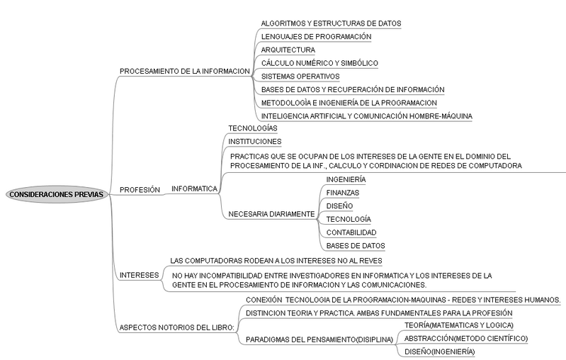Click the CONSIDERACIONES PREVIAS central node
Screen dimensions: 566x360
pyautogui.click(x=56, y=194)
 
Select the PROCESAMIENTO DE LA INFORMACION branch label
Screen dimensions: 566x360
pyautogui.click(x=185, y=71)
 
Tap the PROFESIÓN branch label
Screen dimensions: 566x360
pyautogui.click(x=140, y=190)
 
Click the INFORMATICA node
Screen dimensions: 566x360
pyautogui.click(x=194, y=189)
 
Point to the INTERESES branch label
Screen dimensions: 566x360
pyautogui.click(x=140, y=275)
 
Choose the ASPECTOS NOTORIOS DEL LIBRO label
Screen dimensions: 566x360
pyautogui.click(x=177, y=327)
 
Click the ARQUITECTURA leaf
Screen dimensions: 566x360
pyautogui.click(x=288, y=50)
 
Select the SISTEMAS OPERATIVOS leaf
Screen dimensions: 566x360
pyautogui.click(x=300, y=77)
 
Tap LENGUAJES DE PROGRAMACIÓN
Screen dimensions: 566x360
pyautogui.click(x=316, y=36)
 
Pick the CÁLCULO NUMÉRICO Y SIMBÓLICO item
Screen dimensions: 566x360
pyautogui.click(x=319, y=63)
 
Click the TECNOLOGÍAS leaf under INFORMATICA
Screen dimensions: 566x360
pyautogui.click(x=253, y=128)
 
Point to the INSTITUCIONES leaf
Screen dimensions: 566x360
pyautogui.click(x=255, y=142)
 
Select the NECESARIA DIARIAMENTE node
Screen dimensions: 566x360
pyautogui.click(x=271, y=214)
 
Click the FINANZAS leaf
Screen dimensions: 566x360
pyautogui.click(x=343, y=193)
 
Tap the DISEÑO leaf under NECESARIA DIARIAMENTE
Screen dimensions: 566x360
pyautogui.click(x=339, y=206)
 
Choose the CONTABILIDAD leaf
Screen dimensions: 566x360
pyautogui.click(x=351, y=232)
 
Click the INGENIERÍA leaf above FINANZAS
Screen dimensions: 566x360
pyautogui.click(x=346, y=179)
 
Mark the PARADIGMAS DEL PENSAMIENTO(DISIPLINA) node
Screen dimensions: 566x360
pyautogui.click(x=319, y=339)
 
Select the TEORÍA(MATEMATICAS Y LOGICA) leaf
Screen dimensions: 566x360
pyautogui.click(x=459, y=325)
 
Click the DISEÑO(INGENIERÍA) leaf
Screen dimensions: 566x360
pyautogui.click(x=439, y=351)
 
